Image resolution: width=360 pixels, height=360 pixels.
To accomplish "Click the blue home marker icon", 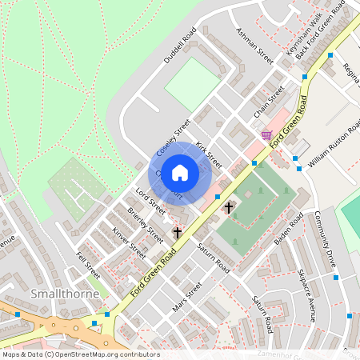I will [180, 172].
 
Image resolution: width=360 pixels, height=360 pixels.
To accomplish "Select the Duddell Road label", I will [181, 47].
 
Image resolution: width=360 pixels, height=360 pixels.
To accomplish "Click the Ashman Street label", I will [254, 46].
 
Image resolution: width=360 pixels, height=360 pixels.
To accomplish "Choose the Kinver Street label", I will [129, 242].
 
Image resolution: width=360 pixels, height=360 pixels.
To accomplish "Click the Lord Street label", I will [150, 200].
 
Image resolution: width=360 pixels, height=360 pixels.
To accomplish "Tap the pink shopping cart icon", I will [266, 136].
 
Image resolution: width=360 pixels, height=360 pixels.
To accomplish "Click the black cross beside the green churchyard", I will [229, 207].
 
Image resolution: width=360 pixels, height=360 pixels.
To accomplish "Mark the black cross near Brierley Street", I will [178, 233].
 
